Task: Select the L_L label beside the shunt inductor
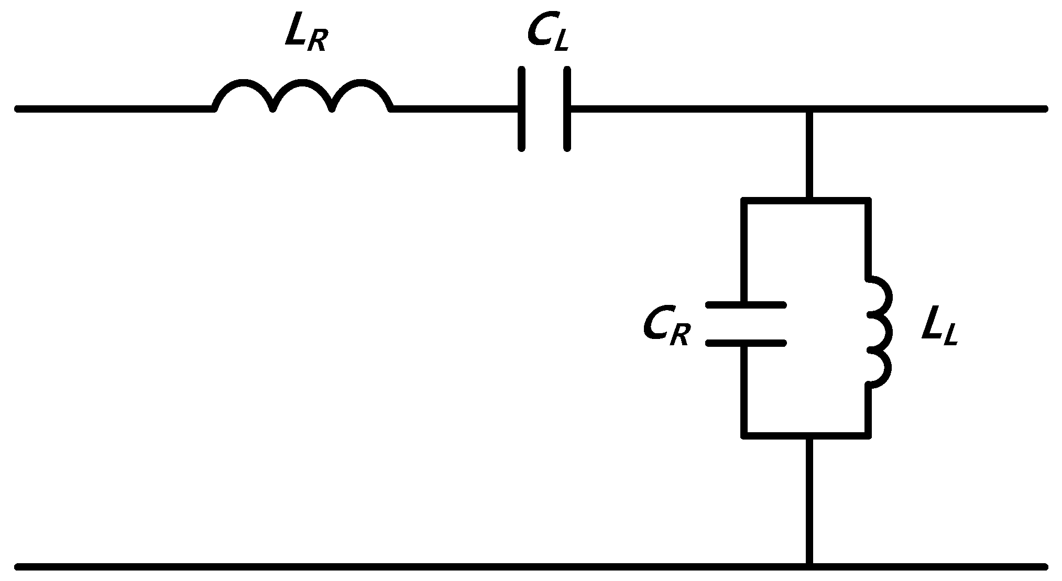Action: pyautogui.click(x=940, y=330)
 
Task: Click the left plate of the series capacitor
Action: pyautogui.click(x=521, y=109)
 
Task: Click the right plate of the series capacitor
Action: pyautogui.click(x=567, y=109)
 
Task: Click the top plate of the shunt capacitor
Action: pyautogui.click(x=746, y=304)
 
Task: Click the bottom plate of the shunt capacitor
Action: pyautogui.click(x=746, y=343)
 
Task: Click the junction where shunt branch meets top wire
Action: pyautogui.click(x=810, y=109)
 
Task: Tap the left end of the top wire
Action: pyautogui.click(x=19, y=109)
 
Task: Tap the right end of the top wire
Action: pyautogui.click(x=1044, y=109)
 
